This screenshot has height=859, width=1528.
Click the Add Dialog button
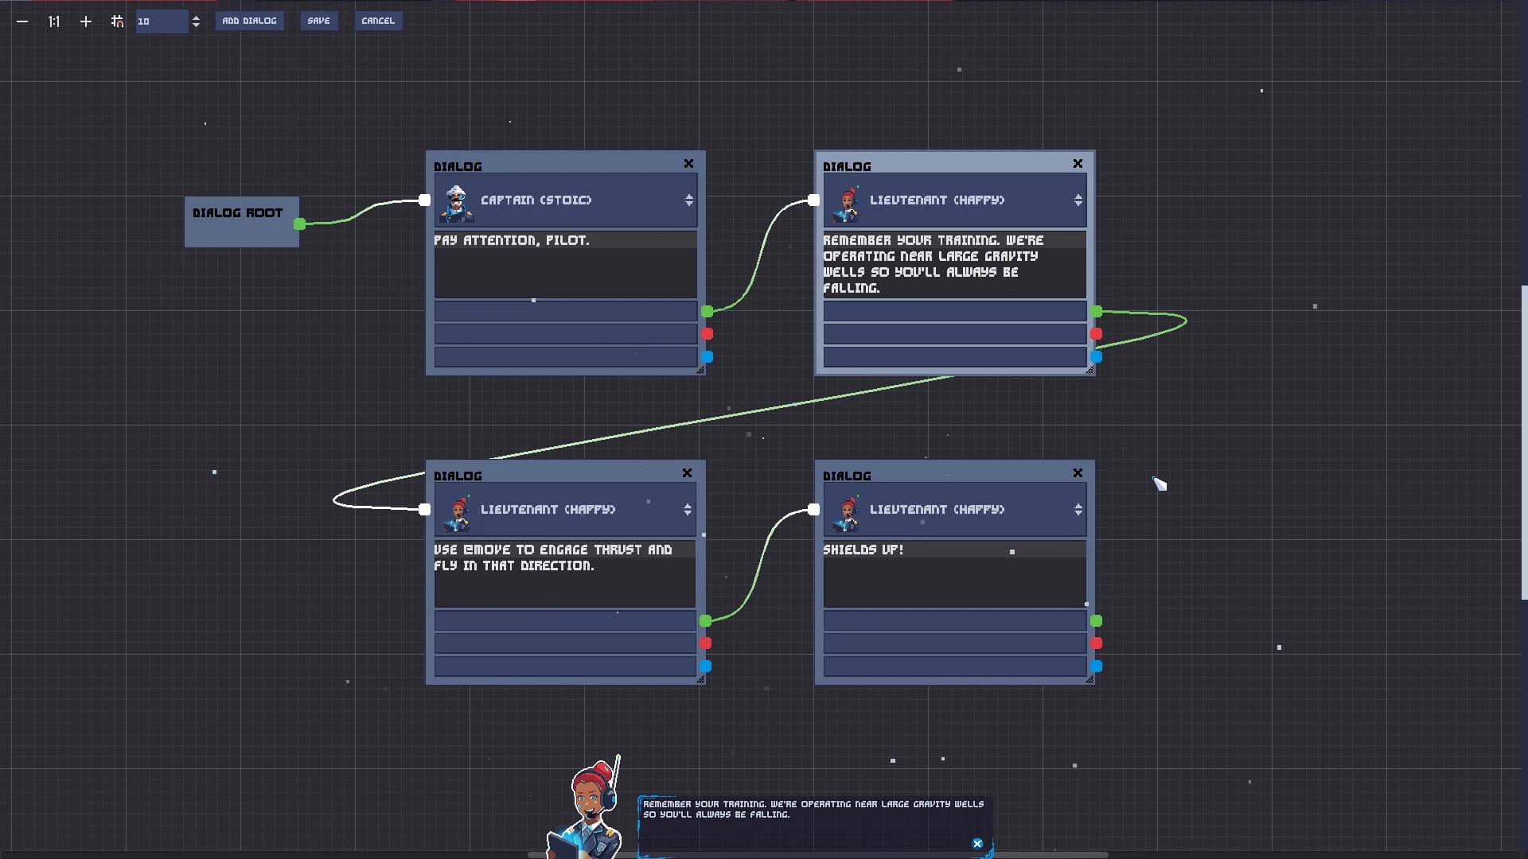click(x=249, y=21)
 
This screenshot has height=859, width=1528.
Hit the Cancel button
click(x=378, y=21)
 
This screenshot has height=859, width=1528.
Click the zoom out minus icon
click(x=22, y=21)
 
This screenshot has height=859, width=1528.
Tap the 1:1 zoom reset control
click(x=53, y=21)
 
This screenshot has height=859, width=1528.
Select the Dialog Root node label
click(x=237, y=213)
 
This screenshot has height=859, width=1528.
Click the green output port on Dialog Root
click(x=300, y=224)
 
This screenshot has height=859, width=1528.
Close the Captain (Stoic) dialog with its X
click(x=688, y=164)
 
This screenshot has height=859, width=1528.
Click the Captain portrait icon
click(x=457, y=203)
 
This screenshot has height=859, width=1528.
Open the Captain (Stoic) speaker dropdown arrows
click(x=689, y=200)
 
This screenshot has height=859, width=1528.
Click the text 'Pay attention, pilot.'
click(x=512, y=240)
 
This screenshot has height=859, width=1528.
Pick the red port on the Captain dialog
click(x=707, y=334)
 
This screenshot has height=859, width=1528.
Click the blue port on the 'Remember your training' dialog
click(x=1096, y=357)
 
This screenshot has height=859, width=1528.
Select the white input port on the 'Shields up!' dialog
click(x=813, y=509)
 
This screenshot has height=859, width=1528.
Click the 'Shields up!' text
click(x=863, y=550)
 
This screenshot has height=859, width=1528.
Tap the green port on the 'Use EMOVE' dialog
click(x=706, y=620)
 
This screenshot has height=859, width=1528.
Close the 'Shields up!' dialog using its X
click(x=1078, y=473)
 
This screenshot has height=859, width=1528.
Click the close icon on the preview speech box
click(x=977, y=844)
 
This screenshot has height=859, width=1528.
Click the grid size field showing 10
click(x=162, y=21)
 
